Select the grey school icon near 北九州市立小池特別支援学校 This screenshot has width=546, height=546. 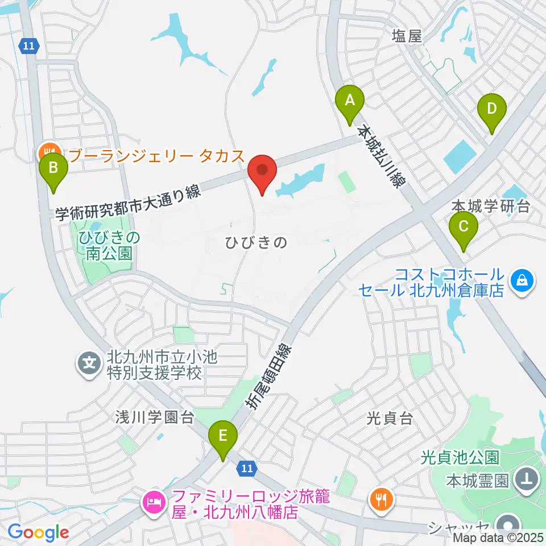(x=89, y=362)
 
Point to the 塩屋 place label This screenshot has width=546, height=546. (x=407, y=36)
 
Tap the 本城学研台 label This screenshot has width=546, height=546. (x=490, y=205)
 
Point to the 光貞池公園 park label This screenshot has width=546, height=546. (x=460, y=457)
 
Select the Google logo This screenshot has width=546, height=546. (x=38, y=532)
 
